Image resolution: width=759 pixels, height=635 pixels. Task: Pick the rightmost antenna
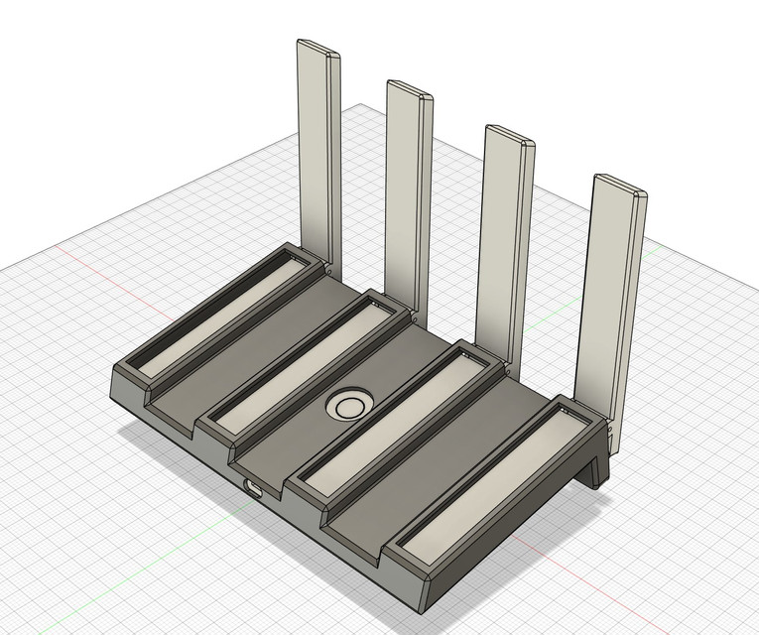611,288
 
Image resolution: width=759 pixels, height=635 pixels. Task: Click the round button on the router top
350,405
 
